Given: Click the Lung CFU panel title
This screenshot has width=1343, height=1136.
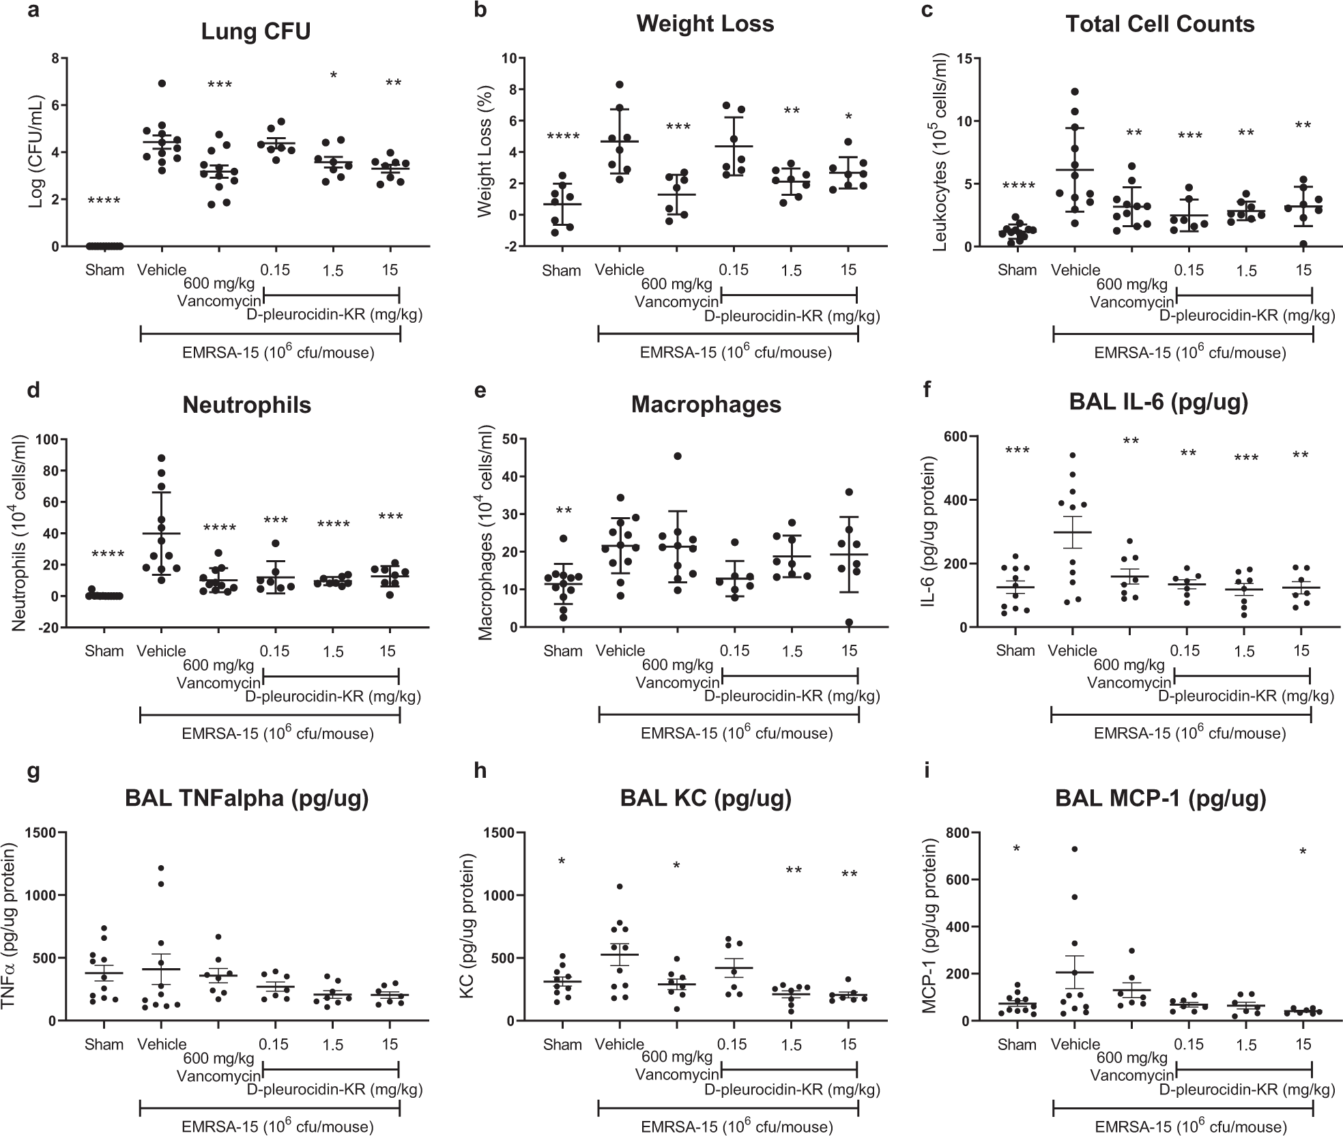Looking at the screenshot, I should click(x=256, y=32).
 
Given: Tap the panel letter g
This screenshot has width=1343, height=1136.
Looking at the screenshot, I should click(x=31, y=774).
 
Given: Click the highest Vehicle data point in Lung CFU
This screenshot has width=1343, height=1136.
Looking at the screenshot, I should click(x=162, y=83).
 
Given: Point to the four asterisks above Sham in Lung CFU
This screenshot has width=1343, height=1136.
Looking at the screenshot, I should click(x=104, y=201).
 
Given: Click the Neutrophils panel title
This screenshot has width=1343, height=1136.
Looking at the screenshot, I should click(x=246, y=405).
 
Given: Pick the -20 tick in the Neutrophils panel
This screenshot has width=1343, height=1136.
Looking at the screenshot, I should click(x=49, y=627).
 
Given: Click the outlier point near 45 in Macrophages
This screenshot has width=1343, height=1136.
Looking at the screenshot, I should click(x=677, y=456).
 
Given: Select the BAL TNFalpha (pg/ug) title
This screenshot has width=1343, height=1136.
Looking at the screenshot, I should click(x=246, y=798).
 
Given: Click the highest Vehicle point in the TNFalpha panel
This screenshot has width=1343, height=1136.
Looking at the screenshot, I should click(x=162, y=868).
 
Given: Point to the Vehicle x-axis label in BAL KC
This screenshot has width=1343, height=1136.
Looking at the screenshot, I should click(x=620, y=1044).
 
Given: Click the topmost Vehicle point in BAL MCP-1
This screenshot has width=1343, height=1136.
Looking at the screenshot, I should click(x=1074, y=849).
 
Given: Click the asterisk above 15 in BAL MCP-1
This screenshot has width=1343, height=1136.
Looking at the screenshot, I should click(x=1303, y=852).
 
